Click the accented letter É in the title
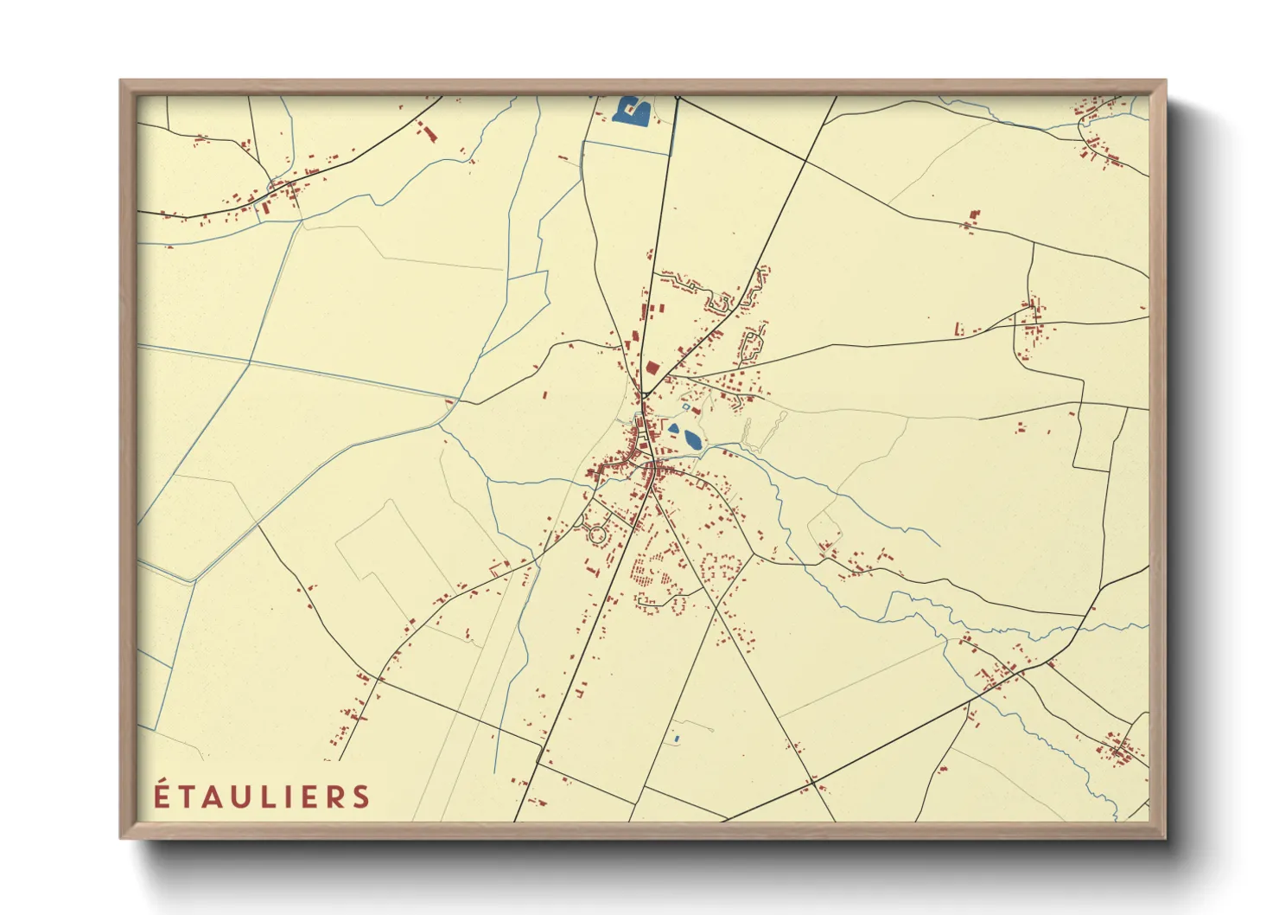pos(162,796)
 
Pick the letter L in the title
pos(274,797)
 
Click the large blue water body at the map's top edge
pos(631,111)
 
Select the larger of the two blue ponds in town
pos(692,438)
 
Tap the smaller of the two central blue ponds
pos(673,427)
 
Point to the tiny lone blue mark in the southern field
pos(676,739)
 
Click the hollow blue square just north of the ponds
pos(686,406)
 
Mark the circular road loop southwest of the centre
pos(596,534)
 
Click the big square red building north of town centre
pos(652,368)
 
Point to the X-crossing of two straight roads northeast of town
pos(805,161)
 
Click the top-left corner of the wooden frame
pos(121,81)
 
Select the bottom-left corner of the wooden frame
pos(121,838)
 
